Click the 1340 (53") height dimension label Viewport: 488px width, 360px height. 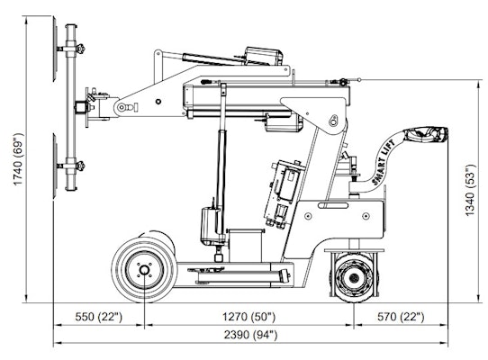(x=470, y=191)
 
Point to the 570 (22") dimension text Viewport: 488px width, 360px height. (x=400, y=317)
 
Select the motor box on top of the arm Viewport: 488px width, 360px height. (x=260, y=56)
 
